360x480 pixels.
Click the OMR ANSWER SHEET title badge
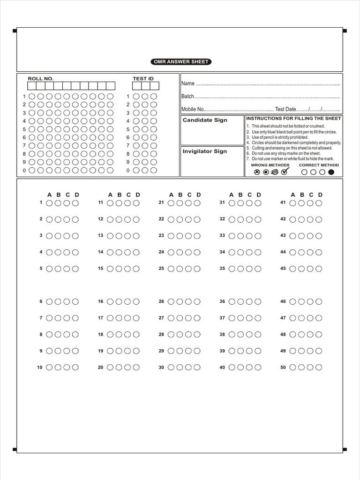[181, 62]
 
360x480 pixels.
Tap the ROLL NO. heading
[41, 79]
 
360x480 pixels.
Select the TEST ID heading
[143, 79]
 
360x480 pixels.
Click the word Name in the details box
[187, 83]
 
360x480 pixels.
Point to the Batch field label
[187, 96]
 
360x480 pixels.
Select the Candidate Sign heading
[205, 120]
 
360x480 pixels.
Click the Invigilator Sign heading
[204, 151]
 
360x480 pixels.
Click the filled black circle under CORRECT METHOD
[331, 172]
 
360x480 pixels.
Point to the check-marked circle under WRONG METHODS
[284, 172]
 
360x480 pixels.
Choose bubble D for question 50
[319, 367]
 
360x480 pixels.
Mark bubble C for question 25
[188, 269]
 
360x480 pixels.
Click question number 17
[100, 318]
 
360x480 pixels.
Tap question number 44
[283, 252]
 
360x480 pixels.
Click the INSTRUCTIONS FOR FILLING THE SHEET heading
[293, 119]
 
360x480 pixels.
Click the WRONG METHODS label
[270, 165]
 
